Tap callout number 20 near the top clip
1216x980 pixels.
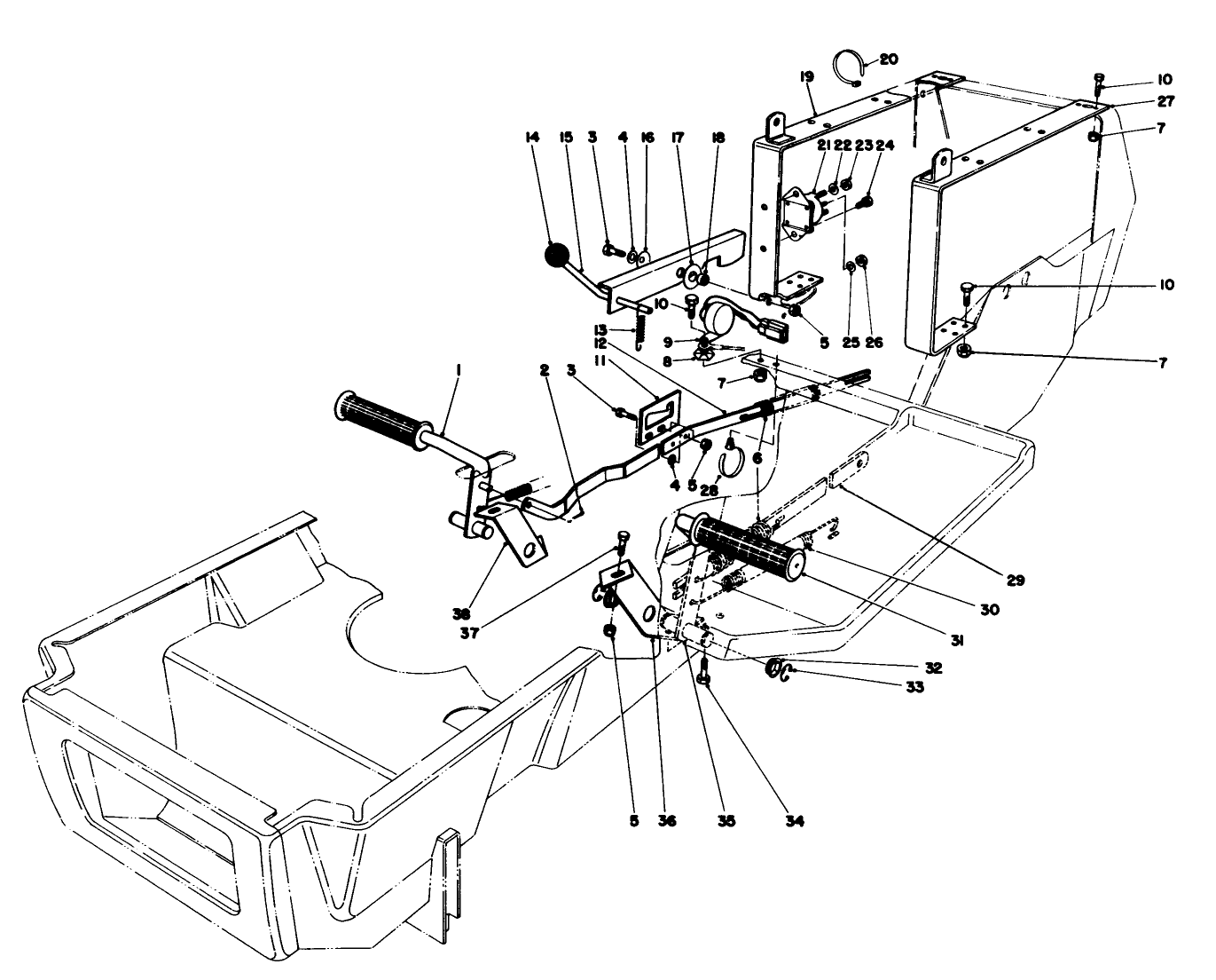[x=888, y=59]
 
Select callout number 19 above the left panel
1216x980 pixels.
[x=807, y=78]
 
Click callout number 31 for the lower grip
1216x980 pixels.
[x=958, y=639]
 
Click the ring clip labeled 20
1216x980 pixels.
[x=850, y=67]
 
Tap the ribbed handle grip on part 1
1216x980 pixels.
[x=381, y=422]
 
